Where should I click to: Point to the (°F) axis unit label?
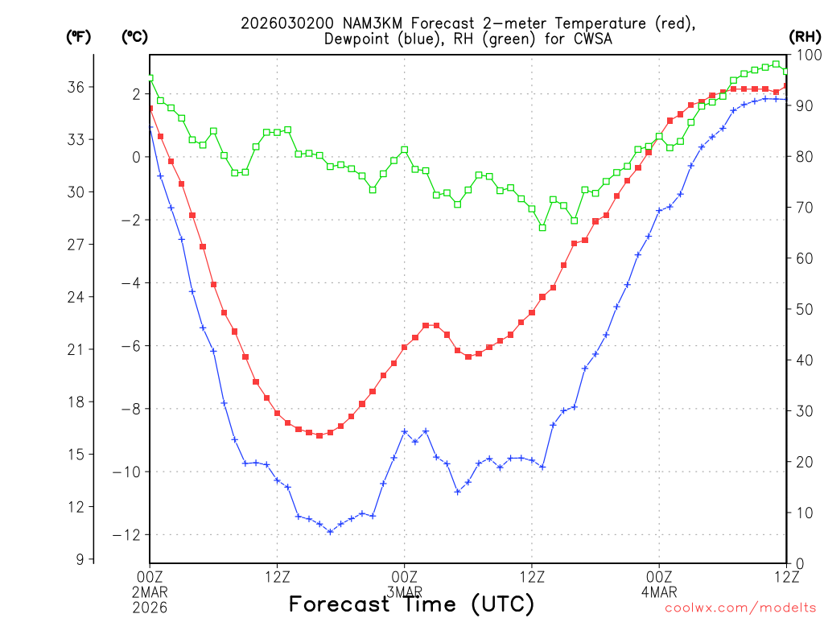pos(79,36)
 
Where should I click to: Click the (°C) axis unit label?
pos(134,36)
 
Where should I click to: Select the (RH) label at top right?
pos(804,36)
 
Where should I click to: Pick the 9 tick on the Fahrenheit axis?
pos(80,559)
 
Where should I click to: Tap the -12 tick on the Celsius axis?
pos(129,535)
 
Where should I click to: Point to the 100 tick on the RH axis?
pos(806,55)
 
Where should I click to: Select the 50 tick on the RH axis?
pos(802,309)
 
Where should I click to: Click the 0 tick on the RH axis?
pos(798,563)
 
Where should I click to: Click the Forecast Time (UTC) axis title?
pos(411,604)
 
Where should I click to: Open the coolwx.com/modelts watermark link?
pos(740,608)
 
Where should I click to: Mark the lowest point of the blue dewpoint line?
pos(330,531)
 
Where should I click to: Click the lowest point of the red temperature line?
pos(319,435)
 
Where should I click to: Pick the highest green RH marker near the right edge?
pos(776,64)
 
